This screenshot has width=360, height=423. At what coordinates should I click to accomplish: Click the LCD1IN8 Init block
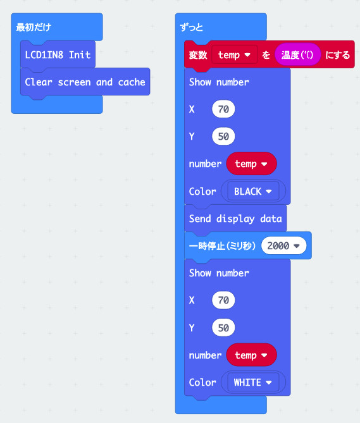[58, 55]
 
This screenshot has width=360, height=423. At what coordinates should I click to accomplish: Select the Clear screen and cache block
[85, 82]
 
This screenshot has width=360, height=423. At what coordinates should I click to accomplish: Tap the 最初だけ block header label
[34, 27]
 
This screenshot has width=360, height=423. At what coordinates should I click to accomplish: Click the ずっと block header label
[191, 27]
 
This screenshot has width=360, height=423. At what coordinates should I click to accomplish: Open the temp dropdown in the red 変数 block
[234, 55]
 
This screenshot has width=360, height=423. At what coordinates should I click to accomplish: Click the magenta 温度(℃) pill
[297, 55]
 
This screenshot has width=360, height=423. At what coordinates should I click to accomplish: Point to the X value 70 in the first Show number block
[223, 109]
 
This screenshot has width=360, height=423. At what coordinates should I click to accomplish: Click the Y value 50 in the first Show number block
[223, 136]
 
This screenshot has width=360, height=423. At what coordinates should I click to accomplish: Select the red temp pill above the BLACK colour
[251, 164]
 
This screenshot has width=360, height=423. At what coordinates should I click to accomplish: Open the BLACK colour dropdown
[253, 192]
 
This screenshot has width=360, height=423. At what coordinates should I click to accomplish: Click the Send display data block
[235, 219]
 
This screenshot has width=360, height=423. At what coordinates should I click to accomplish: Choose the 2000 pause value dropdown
[283, 245]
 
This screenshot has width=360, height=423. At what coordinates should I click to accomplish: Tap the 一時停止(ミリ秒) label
[222, 246]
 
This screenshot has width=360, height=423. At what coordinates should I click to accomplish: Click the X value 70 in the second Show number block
[223, 300]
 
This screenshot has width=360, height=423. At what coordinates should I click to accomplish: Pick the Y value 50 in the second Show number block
[223, 328]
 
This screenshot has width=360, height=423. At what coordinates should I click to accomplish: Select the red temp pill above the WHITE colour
[251, 355]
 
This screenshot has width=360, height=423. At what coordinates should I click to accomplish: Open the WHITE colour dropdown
[253, 383]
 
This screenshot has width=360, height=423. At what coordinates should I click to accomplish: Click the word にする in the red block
[337, 55]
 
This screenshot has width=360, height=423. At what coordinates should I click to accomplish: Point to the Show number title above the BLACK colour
[219, 82]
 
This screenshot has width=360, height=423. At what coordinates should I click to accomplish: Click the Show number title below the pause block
[219, 273]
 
